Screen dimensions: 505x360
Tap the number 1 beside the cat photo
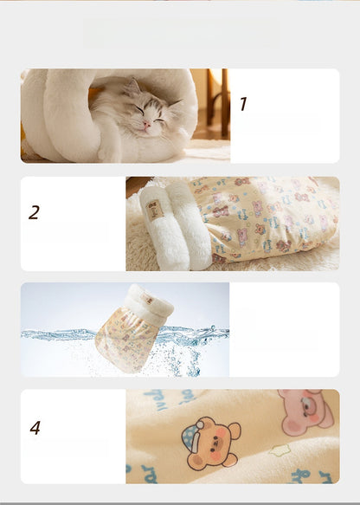tap(243, 105)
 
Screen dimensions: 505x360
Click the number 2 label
tap(34, 212)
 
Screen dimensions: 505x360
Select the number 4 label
tap(35, 428)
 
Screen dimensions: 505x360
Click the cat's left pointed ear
tap(134, 87)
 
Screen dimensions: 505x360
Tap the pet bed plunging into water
tap(130, 329)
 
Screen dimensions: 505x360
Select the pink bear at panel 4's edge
tap(305, 411)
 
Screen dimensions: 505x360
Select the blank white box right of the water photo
tap(284, 329)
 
